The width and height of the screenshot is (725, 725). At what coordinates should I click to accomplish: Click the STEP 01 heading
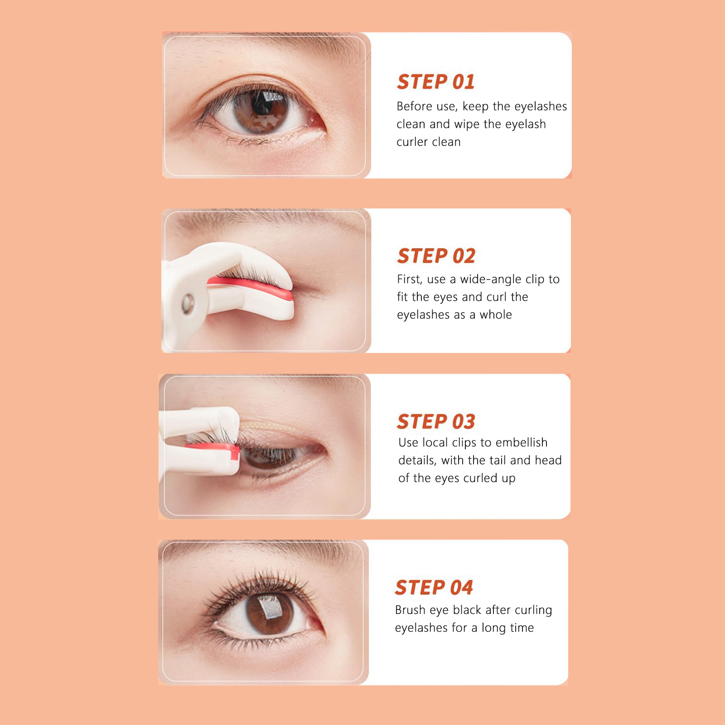pos(435,82)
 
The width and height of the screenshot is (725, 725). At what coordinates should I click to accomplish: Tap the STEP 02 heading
pos(436,256)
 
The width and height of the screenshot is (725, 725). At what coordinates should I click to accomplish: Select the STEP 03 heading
pos(436,422)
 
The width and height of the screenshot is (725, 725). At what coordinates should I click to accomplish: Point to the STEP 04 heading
pos(434,588)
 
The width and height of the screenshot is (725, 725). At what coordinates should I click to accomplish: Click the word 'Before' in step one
pos(414,106)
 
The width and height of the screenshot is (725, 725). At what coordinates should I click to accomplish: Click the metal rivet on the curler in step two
pos(188,303)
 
